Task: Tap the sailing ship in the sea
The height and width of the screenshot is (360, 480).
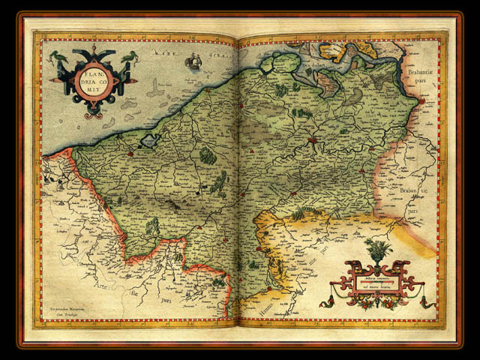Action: pos(193,61)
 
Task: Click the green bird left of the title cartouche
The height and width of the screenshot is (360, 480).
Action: pos(56,56)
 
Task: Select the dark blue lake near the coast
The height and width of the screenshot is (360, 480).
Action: pos(152,139)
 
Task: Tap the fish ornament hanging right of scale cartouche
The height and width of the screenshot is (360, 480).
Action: pos(422,302)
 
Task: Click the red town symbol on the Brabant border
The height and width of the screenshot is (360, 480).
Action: pos(423,100)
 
